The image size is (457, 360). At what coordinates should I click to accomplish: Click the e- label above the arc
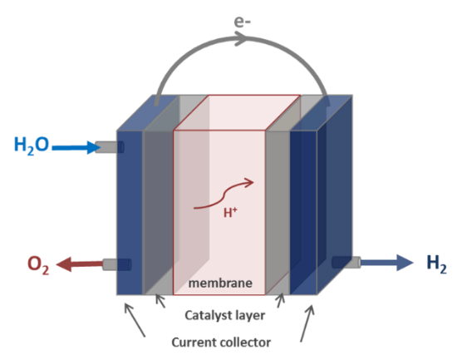pyautogui.click(x=242, y=22)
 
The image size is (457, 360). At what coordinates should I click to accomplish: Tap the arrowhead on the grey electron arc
pyautogui.click(x=241, y=38)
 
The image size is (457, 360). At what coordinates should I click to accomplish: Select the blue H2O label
pyautogui.click(x=32, y=145)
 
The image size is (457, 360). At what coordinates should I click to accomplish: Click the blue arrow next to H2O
pyautogui.click(x=76, y=147)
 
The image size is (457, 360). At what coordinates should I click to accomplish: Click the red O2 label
pyautogui.click(x=38, y=265)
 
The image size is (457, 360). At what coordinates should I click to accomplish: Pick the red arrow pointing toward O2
pyautogui.click(x=79, y=264)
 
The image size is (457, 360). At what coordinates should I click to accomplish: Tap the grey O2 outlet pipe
pyautogui.click(x=116, y=264)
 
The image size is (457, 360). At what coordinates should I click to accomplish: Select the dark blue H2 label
pyautogui.click(x=436, y=264)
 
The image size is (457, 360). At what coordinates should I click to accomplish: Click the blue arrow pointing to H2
pyautogui.click(x=387, y=263)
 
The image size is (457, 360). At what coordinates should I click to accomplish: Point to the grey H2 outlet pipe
pyautogui.click(x=346, y=262)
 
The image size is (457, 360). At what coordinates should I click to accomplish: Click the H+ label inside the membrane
pyautogui.click(x=230, y=212)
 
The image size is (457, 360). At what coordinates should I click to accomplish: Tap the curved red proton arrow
pyautogui.click(x=224, y=193)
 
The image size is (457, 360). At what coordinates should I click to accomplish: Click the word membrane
pyautogui.click(x=220, y=284)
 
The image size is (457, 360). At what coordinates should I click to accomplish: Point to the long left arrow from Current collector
pyautogui.click(x=135, y=320)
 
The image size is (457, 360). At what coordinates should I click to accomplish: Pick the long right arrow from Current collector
pyautogui.click(x=307, y=323)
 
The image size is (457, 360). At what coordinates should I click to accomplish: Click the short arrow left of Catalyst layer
pyautogui.click(x=160, y=301)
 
